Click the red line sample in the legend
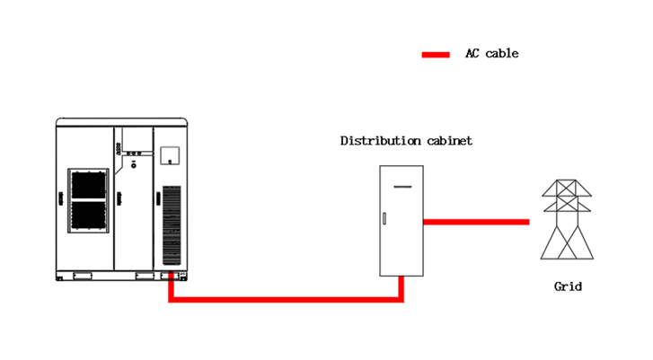[436, 55]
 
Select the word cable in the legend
[503, 54]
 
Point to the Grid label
[568, 286]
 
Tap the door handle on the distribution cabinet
[384, 219]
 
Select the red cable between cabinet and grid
[476, 221]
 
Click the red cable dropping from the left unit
[170, 287]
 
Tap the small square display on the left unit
[166, 154]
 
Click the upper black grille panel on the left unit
[90, 184]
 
